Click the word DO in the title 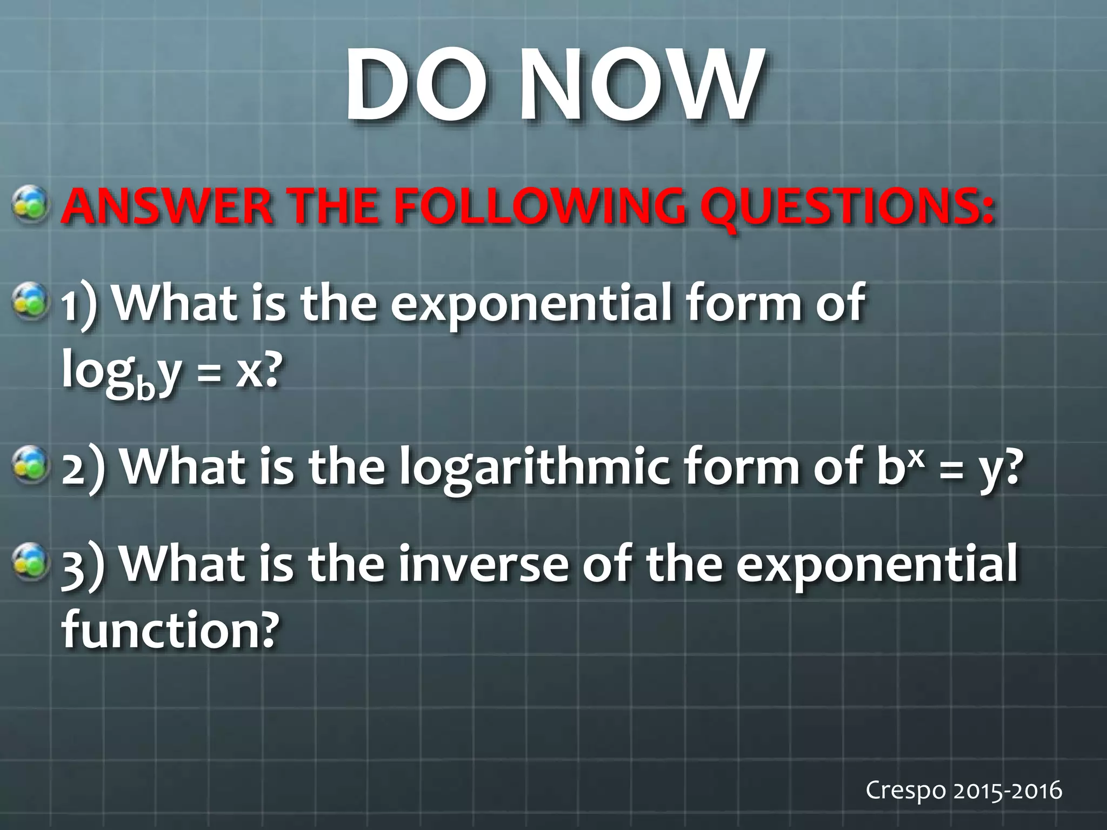pyautogui.click(x=414, y=85)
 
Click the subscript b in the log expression pyautogui.click(x=145, y=387)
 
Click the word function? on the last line pyautogui.click(x=171, y=630)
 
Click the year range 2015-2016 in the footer pyautogui.click(x=1008, y=791)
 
